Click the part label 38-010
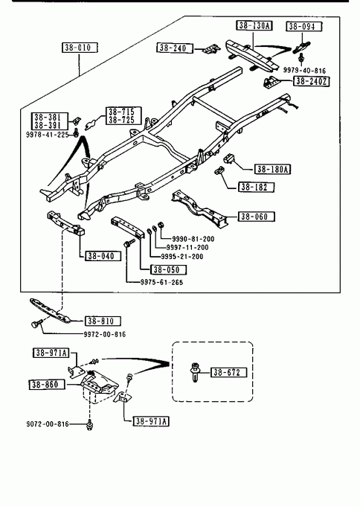80,48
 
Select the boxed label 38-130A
254,25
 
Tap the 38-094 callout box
303,26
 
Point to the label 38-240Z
312,81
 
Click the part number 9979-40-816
304,71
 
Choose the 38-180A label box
272,169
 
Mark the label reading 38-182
257,188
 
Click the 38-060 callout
257,217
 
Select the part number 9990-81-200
193,239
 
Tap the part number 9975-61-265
161,282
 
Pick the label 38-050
169,269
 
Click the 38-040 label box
103,256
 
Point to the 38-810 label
103,321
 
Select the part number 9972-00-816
105,334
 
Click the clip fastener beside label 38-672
195,372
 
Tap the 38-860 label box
47,385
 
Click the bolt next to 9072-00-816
89,425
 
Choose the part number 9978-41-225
47,134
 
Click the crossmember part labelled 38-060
200,209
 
